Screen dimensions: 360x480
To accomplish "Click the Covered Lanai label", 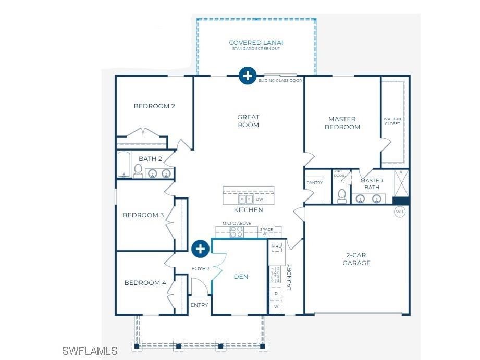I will point(256,43).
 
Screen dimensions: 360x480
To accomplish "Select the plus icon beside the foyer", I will point(200,249).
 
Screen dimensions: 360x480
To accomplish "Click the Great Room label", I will point(248,121).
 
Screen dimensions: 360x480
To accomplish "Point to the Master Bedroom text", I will point(342,123).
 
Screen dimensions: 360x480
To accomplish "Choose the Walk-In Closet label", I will point(392,121).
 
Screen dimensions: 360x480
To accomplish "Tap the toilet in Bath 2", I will point(138,170).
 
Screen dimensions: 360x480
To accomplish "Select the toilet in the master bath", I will point(342,195).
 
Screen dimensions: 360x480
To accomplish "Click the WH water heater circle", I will point(400,212).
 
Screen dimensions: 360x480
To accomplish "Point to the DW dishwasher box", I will point(260,200).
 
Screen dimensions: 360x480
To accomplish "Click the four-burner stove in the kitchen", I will point(237,232).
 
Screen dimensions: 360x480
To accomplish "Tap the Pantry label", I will point(314,183).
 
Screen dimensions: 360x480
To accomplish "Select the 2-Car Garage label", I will point(357,259).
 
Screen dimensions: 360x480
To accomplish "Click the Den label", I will point(241,277).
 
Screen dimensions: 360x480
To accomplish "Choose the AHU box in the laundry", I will point(276,246).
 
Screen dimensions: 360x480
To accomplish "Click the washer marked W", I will point(276,307).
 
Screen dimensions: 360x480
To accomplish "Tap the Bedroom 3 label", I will point(143,215).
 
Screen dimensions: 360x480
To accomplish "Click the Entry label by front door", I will point(199,305).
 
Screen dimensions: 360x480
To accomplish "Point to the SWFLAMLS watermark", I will point(90,351).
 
